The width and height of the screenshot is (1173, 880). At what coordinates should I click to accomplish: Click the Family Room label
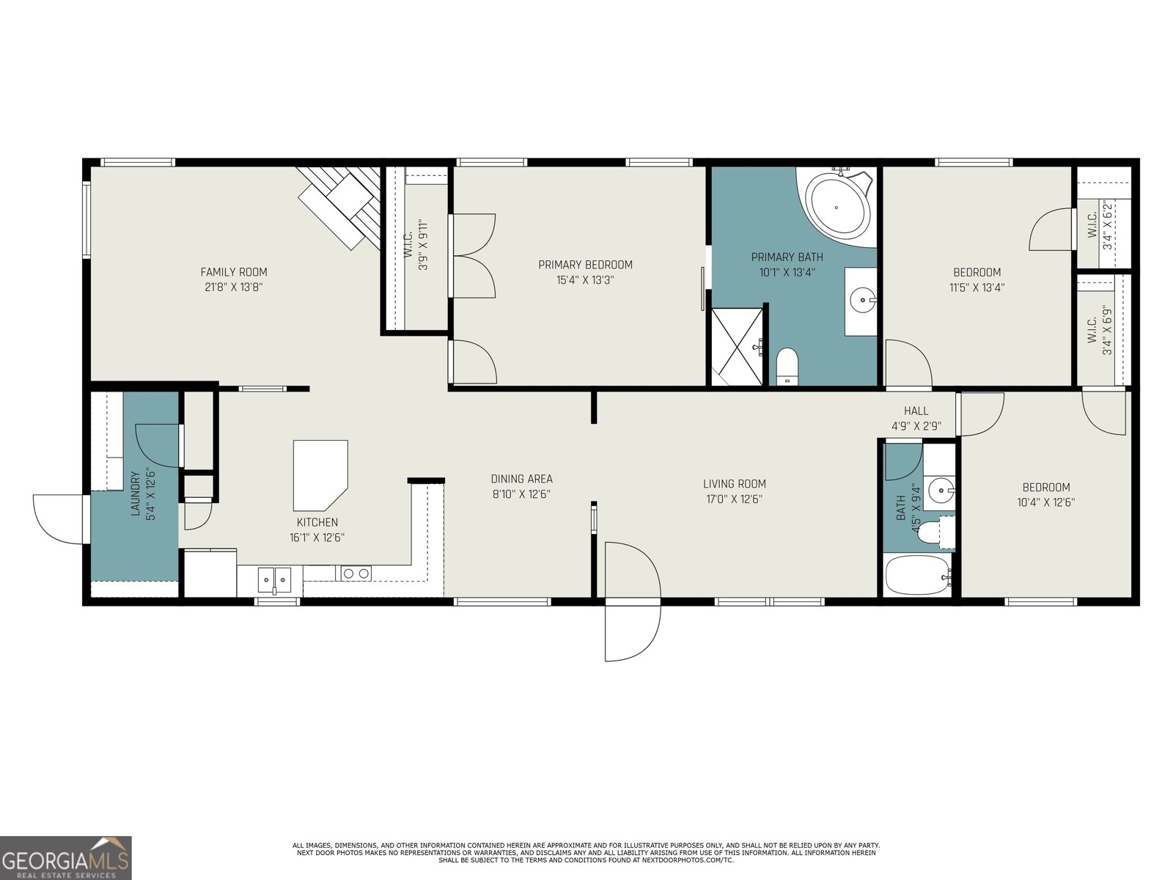pos(233,272)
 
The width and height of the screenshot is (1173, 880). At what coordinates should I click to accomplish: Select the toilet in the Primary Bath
pos(787,364)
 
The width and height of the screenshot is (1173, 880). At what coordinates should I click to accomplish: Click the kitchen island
pos(319,474)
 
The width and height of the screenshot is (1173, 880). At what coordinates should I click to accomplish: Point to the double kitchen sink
pos(274,579)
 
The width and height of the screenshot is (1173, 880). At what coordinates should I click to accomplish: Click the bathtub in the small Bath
pos(916,576)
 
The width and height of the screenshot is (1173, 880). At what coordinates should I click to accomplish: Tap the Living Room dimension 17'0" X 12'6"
pos(734,499)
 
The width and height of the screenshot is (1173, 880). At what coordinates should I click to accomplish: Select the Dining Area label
pos(521,479)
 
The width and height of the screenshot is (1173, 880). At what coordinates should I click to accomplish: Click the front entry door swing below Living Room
pos(630,601)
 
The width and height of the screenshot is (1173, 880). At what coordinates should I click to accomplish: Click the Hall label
pos(916,411)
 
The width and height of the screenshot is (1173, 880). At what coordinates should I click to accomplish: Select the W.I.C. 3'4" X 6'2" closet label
pos(1100,224)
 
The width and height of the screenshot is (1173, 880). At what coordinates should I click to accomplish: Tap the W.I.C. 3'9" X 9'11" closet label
pos(415,245)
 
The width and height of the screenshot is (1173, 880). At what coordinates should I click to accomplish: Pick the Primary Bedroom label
pos(585,265)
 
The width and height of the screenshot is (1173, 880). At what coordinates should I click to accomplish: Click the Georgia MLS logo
pos(65,857)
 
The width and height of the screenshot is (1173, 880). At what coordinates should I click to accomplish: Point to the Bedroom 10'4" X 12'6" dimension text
pos(1046,503)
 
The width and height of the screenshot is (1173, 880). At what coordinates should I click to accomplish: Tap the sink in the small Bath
pos(939,489)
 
